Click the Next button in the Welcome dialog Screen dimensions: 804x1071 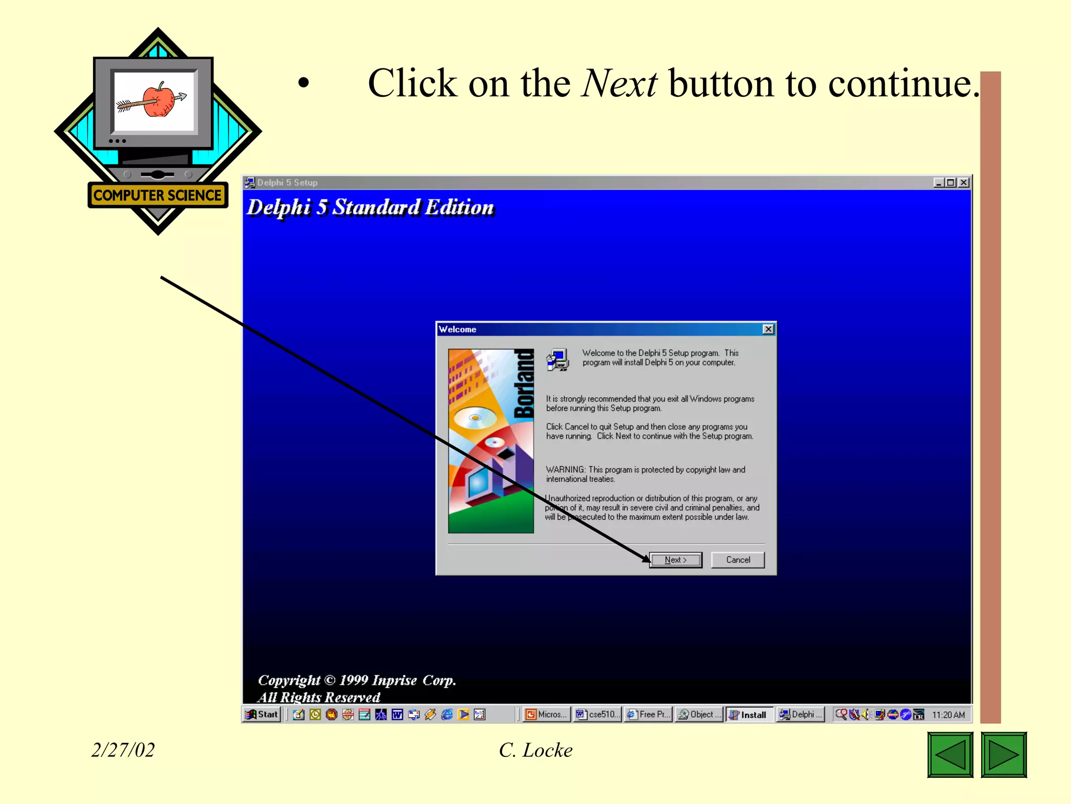(x=676, y=560)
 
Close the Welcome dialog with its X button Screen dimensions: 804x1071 (x=768, y=329)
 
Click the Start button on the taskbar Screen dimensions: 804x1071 (x=263, y=714)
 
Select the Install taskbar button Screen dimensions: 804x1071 (x=748, y=714)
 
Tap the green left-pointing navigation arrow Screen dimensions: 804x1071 (x=950, y=755)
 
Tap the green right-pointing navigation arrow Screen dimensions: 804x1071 (x=1004, y=755)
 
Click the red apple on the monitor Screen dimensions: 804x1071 (x=158, y=99)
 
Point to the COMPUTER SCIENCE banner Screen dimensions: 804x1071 (x=157, y=195)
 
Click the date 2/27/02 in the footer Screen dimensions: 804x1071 (x=123, y=750)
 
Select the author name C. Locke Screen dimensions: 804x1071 (x=535, y=750)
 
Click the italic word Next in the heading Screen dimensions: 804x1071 (x=619, y=84)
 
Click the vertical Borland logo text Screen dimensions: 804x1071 (x=523, y=384)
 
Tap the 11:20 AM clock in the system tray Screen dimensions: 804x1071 (x=948, y=714)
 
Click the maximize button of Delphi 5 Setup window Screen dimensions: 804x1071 (x=951, y=183)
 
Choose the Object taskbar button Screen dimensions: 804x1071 (x=699, y=714)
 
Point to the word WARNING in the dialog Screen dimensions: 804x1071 (x=565, y=470)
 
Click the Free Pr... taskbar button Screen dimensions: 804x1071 (x=648, y=714)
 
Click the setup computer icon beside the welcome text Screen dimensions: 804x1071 (x=557, y=360)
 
